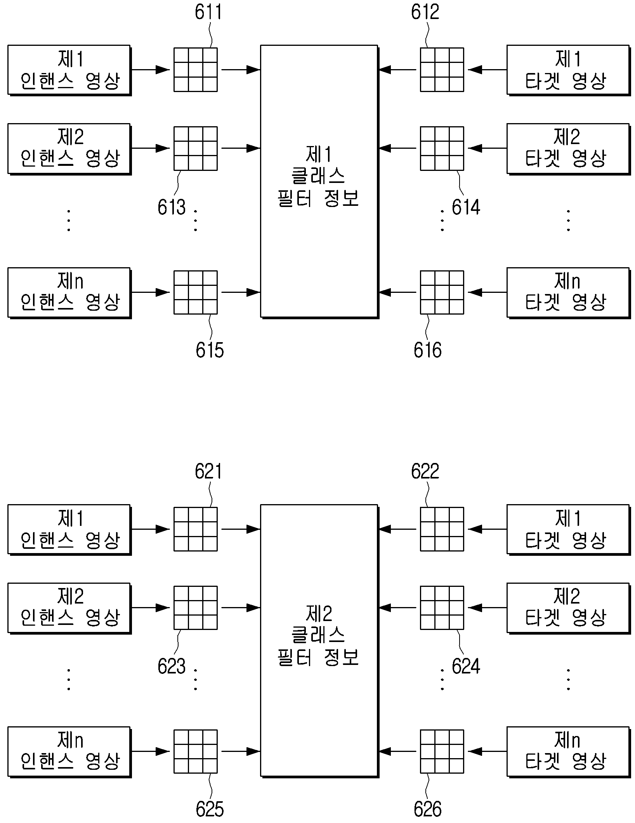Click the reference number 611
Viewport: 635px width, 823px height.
pyautogui.click(x=208, y=12)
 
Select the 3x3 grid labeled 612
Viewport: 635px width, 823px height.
pyautogui.click(x=442, y=70)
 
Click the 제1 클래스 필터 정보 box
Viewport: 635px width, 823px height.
pyautogui.click(x=319, y=182)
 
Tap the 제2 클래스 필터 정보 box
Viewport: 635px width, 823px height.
pyautogui.click(x=319, y=641)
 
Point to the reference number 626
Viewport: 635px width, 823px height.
pyautogui.click(x=427, y=809)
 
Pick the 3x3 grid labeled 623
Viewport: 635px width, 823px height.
pyautogui.click(x=195, y=607)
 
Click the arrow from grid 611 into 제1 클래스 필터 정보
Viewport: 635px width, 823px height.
pyautogui.click(x=241, y=70)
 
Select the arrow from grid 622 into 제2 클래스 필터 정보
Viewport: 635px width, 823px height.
pyautogui.click(x=397, y=529)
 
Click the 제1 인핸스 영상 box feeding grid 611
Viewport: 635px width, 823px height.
pyautogui.click(x=69, y=70)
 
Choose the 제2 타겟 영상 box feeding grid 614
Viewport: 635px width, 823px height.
pyautogui.click(x=568, y=149)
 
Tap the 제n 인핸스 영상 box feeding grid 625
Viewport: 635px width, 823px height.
pyautogui.click(x=69, y=752)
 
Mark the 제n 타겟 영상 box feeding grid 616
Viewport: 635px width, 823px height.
pyautogui.click(x=568, y=293)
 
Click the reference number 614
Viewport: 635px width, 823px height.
pyautogui.click(x=466, y=207)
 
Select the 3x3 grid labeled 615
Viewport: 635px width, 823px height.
pyautogui.click(x=195, y=292)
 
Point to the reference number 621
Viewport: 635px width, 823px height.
pyautogui.click(x=208, y=471)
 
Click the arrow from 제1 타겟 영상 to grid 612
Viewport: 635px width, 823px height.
pyautogui.click(x=487, y=70)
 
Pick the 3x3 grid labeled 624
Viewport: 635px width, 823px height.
pyautogui.click(x=442, y=607)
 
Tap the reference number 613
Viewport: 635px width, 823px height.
pyautogui.click(x=172, y=207)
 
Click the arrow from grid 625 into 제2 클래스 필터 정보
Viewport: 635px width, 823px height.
pyautogui.click(x=241, y=752)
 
